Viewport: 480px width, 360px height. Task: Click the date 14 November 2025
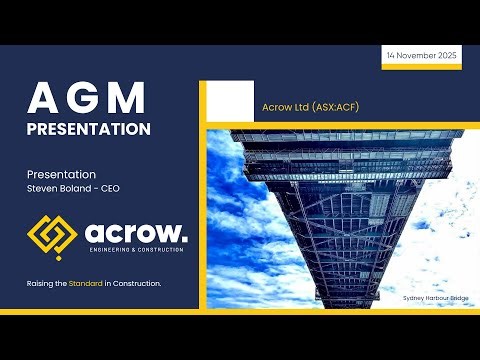421,56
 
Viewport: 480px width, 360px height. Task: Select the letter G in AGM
88,99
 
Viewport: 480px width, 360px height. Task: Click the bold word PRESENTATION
89,129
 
